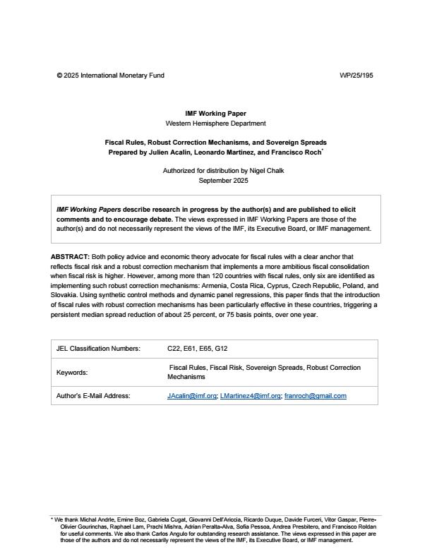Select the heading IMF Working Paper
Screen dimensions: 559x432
[x=216, y=113]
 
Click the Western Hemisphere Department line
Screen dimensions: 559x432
[x=216, y=123]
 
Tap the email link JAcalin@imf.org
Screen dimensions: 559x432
[x=191, y=396]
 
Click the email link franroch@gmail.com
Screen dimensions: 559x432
[x=315, y=396]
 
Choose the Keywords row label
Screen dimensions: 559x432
[x=72, y=372]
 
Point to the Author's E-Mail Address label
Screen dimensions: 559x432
[x=93, y=396]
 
